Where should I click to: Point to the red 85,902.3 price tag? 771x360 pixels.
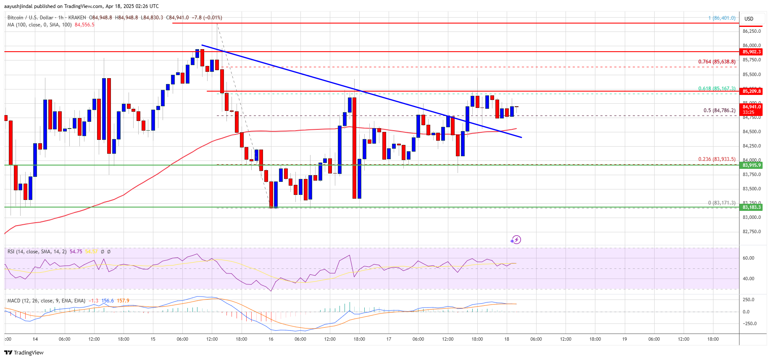click(x=751, y=52)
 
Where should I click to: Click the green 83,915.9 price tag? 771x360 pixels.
click(x=751, y=165)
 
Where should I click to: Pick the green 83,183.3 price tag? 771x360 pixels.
click(x=751, y=207)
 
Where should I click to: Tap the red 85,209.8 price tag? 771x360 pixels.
click(x=751, y=91)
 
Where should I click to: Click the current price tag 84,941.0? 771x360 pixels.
click(x=751, y=107)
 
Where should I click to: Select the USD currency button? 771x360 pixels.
click(x=749, y=18)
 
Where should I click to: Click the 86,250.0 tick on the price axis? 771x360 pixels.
click(x=752, y=31)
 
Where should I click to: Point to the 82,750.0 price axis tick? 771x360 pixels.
click(x=752, y=231)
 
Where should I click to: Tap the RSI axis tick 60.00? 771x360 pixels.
click(x=748, y=258)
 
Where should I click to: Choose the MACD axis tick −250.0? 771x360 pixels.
click(x=749, y=323)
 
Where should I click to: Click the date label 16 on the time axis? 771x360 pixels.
click(x=271, y=339)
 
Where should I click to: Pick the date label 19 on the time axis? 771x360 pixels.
click(x=624, y=339)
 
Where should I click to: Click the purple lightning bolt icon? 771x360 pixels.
click(x=516, y=240)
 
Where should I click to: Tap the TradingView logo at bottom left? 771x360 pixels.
click(x=24, y=352)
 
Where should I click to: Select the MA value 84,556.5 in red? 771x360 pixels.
click(x=84, y=25)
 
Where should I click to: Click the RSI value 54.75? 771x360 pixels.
click(x=76, y=252)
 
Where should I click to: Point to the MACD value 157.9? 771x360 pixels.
click(x=123, y=301)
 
